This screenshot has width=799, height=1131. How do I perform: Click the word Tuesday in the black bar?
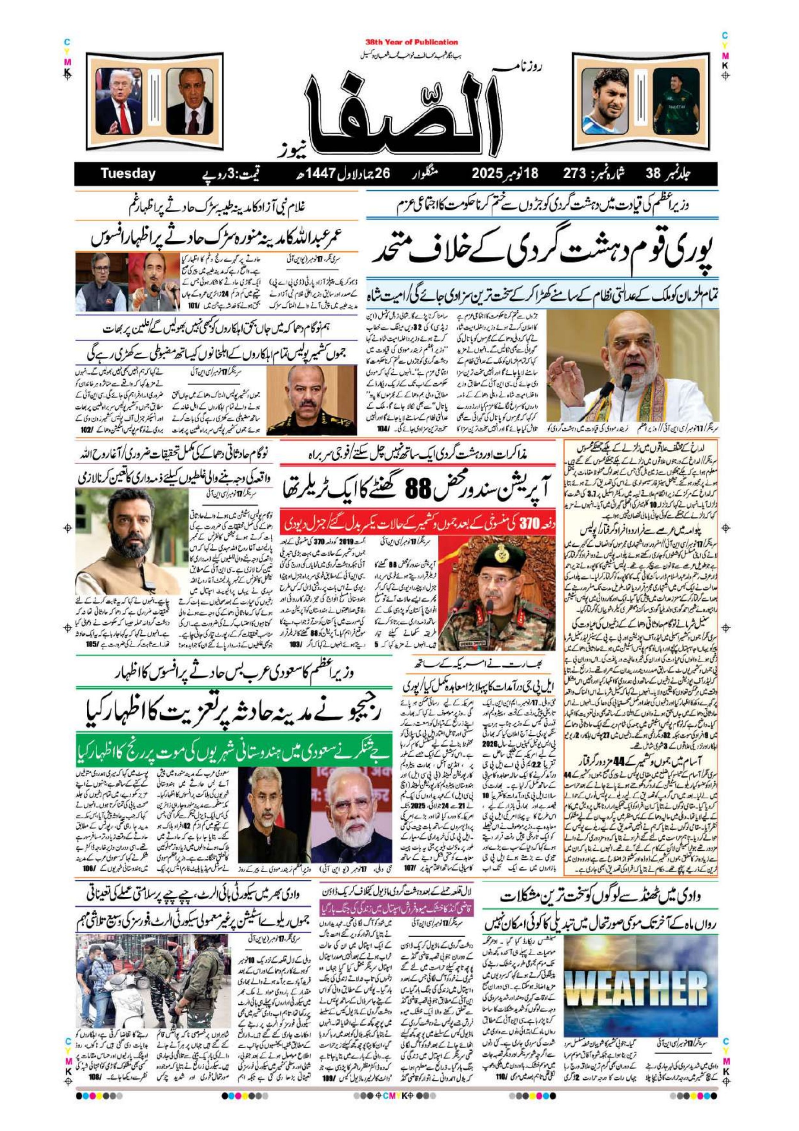[x=128, y=174]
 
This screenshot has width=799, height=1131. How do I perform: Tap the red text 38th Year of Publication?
[x=411, y=43]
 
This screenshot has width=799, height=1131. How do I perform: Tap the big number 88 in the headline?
[x=419, y=489]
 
